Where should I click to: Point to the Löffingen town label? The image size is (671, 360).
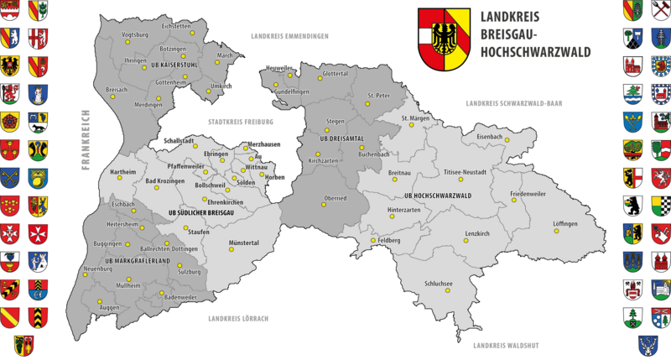point(566,225)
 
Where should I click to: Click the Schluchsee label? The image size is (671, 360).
point(439,284)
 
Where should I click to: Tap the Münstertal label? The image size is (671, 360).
point(246,242)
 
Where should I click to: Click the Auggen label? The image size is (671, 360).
point(110,309)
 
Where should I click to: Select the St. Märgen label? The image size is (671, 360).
point(416,118)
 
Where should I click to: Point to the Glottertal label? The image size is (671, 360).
point(335,74)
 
